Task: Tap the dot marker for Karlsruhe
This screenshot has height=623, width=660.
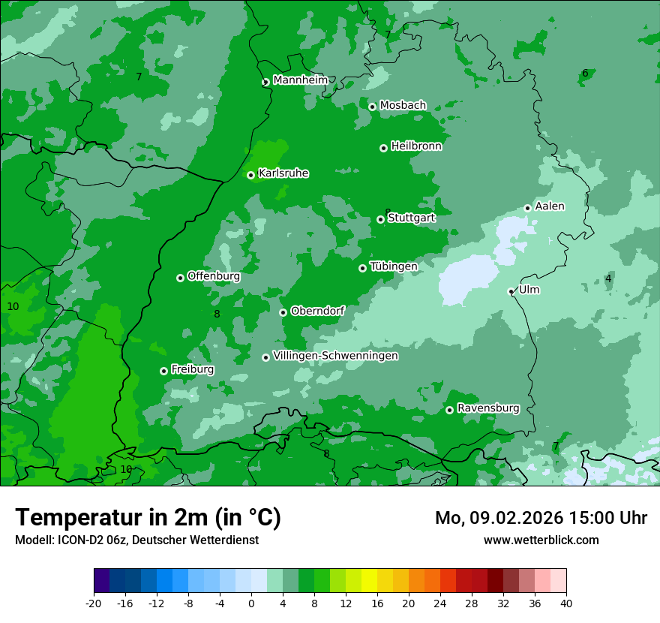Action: click(x=251, y=175)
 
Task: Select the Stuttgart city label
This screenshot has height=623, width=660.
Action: click(x=411, y=218)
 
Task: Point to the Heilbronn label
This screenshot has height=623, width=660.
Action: click(x=416, y=146)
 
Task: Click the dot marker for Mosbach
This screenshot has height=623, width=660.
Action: click(x=372, y=107)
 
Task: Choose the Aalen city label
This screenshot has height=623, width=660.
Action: click(x=550, y=206)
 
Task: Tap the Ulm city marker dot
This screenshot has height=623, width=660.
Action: click(x=511, y=291)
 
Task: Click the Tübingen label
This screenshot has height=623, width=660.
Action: click(x=394, y=266)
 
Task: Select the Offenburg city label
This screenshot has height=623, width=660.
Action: click(x=214, y=276)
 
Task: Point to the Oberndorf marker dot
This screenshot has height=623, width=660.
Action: click(x=283, y=312)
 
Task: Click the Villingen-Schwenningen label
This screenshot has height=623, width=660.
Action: click(x=336, y=356)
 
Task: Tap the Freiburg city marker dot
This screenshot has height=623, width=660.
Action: click(x=163, y=371)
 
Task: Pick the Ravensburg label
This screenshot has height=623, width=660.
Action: click(x=488, y=408)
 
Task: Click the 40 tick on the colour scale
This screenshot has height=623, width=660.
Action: click(x=565, y=603)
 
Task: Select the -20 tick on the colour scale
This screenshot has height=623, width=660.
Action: click(x=94, y=603)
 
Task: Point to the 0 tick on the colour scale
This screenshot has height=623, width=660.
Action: click(x=251, y=603)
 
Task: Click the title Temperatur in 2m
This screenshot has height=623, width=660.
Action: click(x=148, y=518)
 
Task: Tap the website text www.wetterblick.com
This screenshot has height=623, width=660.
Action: click(x=541, y=540)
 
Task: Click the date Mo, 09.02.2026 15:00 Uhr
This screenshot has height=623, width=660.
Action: click(x=541, y=518)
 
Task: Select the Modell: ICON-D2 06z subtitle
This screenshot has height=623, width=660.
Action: click(x=136, y=540)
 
